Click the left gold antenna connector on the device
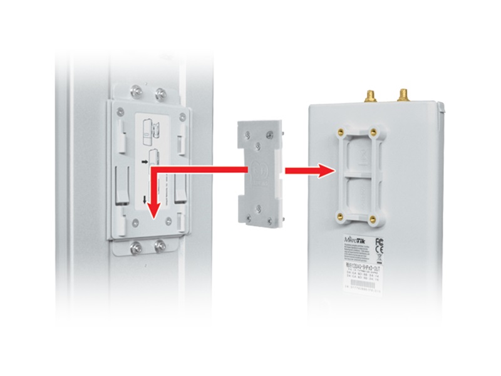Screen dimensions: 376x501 369,96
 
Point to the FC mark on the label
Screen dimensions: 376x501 379,241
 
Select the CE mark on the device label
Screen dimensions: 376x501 379,251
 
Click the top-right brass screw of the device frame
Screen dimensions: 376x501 373,132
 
